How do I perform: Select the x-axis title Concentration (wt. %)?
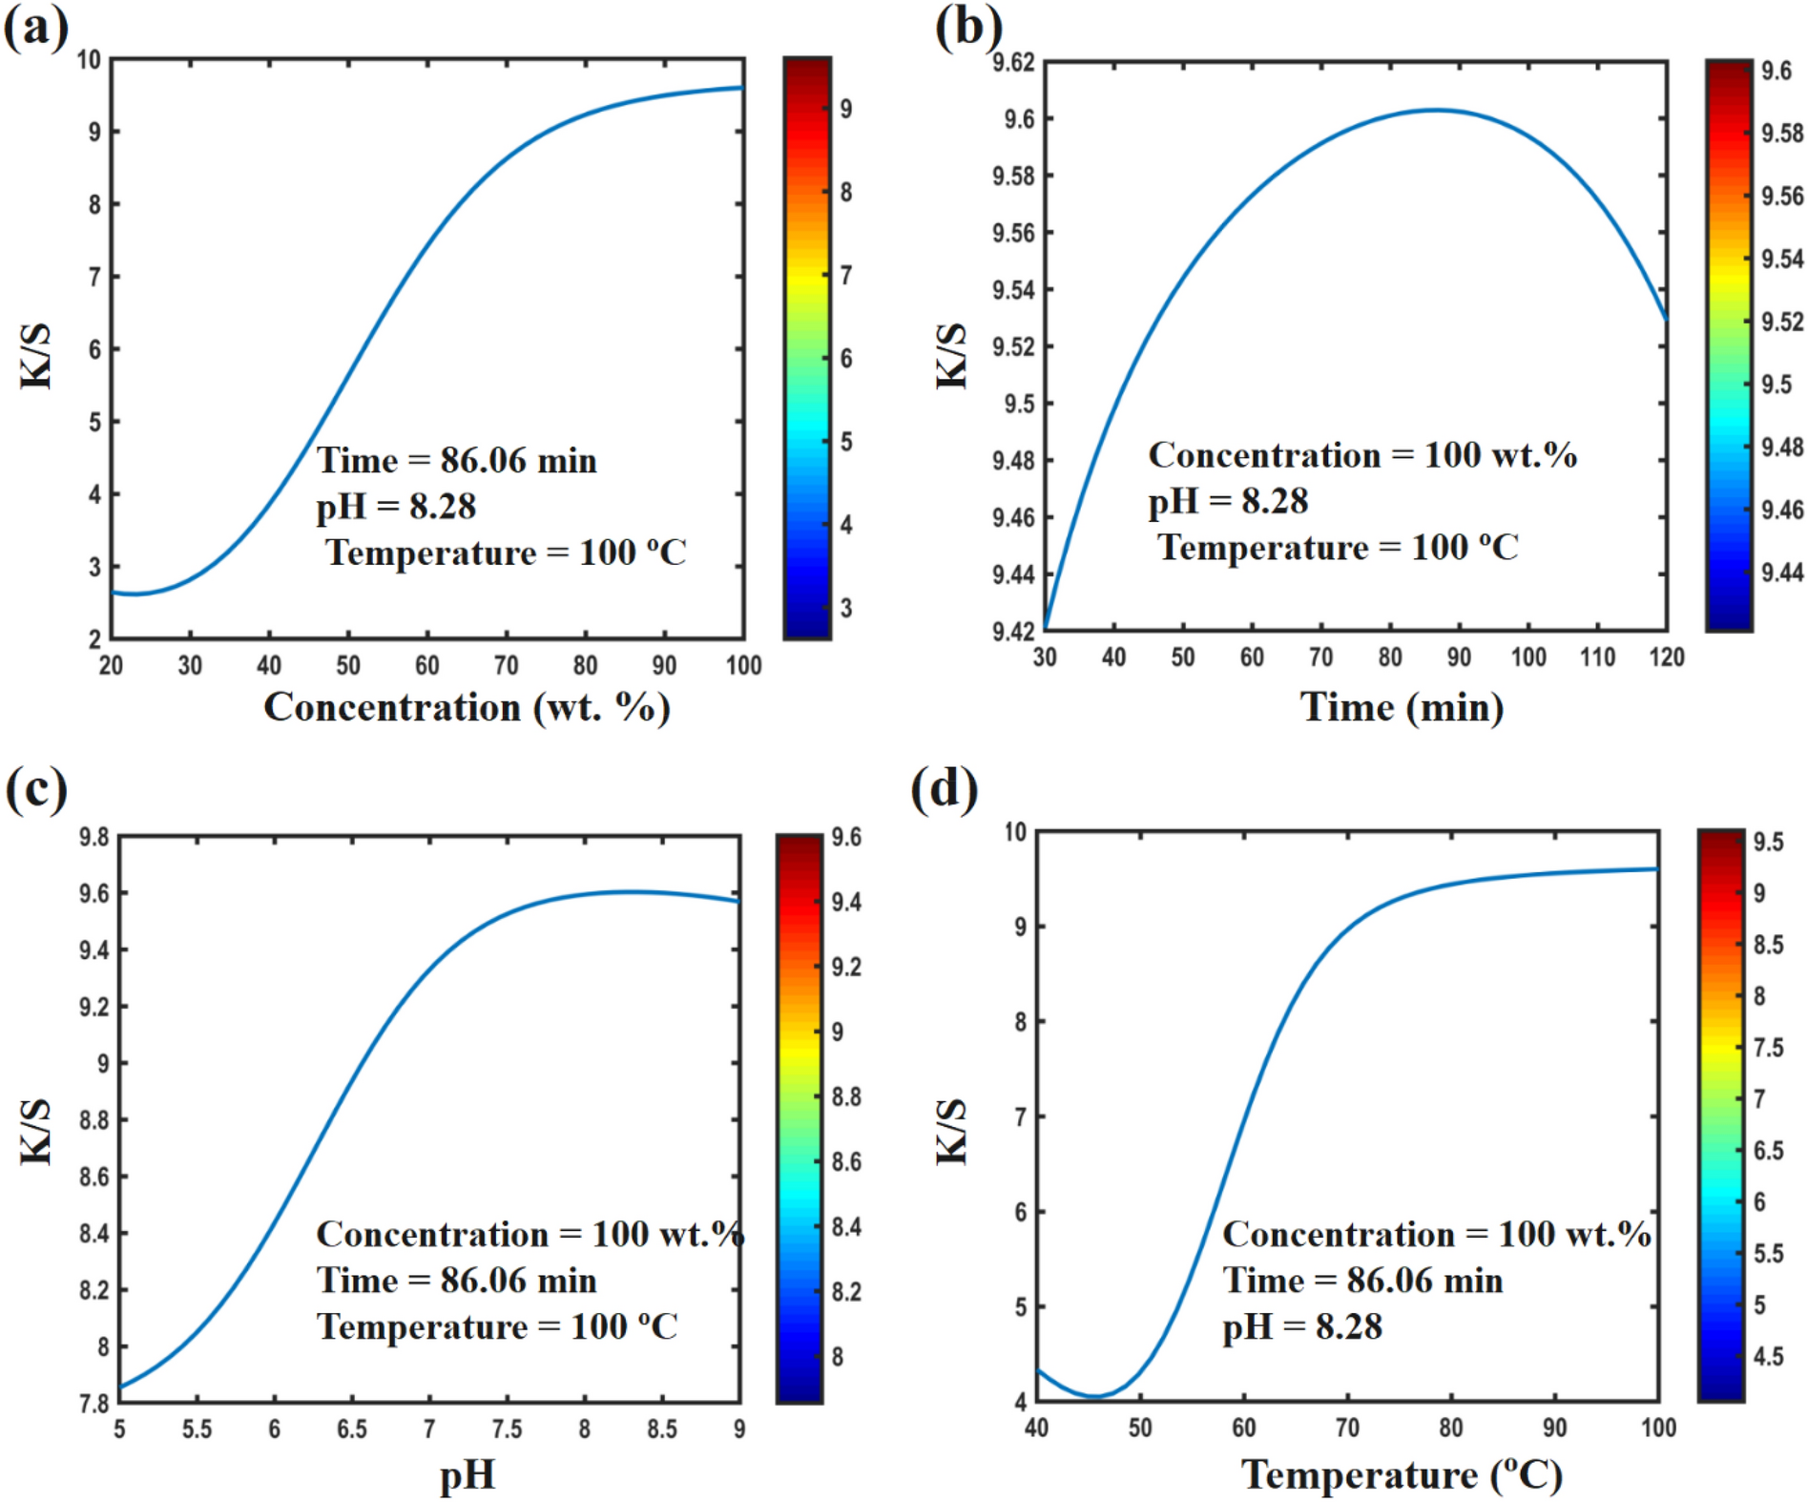pyautogui.click(x=467, y=708)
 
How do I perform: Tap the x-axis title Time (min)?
pyautogui.click(x=1401, y=708)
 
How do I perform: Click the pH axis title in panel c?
pyautogui.click(x=467, y=1475)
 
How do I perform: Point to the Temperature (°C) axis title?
pyautogui.click(x=1401, y=1475)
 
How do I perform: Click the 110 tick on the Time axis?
pyautogui.click(x=1597, y=657)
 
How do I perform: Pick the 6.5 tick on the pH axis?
pyautogui.click(x=351, y=1429)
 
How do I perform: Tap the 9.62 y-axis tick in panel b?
pyautogui.click(x=1012, y=63)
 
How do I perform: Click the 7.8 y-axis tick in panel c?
pyautogui.click(x=94, y=1404)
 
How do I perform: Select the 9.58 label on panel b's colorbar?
pyautogui.click(x=1781, y=133)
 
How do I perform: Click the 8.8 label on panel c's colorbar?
pyautogui.click(x=845, y=1096)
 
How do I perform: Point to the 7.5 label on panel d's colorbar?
pyautogui.click(x=1768, y=1048)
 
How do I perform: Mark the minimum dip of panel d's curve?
pyautogui.click(x=1094, y=1396)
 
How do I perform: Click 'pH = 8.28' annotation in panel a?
pyautogui.click(x=396, y=507)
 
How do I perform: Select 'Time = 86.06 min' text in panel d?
pyautogui.click(x=1362, y=1281)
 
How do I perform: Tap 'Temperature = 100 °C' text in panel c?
pyautogui.click(x=497, y=1326)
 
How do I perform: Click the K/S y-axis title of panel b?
pyautogui.click(x=951, y=356)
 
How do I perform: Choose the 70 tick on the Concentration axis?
pyautogui.click(x=506, y=665)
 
